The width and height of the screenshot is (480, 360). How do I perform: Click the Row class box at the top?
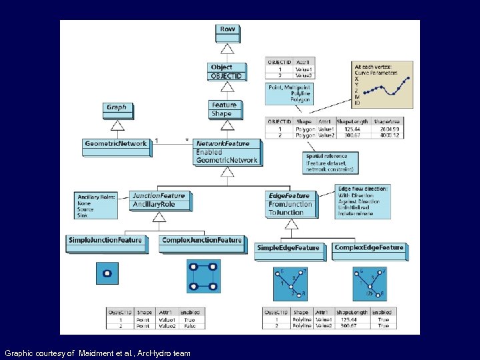point(227,29)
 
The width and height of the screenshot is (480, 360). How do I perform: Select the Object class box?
point(227,71)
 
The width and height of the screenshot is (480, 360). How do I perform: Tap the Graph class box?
point(116,107)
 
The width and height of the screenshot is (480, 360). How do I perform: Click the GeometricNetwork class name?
point(115,143)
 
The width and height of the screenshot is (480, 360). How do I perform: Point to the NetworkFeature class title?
point(223,143)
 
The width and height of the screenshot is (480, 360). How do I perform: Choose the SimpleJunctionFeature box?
point(105,240)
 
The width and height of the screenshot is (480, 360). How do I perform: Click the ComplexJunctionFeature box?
point(202,240)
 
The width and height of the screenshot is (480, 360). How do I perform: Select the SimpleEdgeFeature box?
point(288,248)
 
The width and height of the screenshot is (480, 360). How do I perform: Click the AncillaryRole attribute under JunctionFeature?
point(154,204)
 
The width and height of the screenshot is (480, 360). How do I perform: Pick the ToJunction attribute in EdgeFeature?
point(286,213)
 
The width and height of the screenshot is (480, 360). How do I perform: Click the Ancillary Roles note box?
point(96,205)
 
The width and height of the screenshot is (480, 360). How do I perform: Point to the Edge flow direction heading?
point(363,189)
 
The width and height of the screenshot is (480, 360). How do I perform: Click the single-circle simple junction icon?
point(107,273)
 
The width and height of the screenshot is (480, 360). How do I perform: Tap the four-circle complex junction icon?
point(203,277)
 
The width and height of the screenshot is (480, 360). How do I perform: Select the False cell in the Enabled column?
point(189,326)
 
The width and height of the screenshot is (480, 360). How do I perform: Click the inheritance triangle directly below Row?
point(227,49)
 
